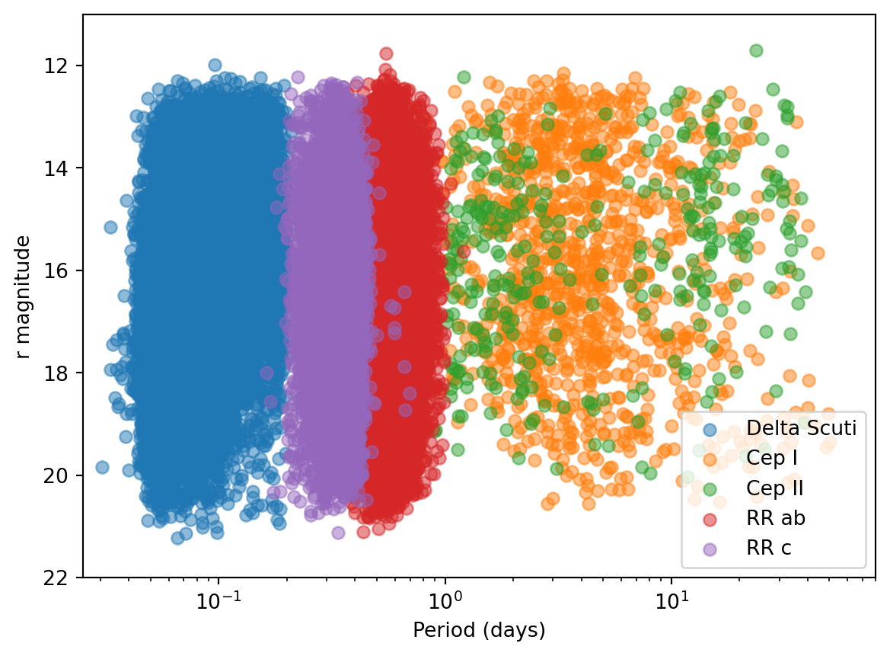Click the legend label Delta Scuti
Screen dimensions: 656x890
pos(802,427)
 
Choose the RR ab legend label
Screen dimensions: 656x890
pos(776,518)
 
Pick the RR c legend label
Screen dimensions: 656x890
pos(770,548)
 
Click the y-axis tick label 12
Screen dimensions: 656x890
pos(64,66)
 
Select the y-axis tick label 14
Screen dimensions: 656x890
pos(64,168)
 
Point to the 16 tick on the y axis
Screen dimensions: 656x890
pos(64,271)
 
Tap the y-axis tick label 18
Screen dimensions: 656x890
pos(64,373)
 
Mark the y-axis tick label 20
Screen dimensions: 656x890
pos(64,476)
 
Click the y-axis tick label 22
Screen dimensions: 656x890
pos(64,578)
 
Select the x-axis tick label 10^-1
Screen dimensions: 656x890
pos(219,600)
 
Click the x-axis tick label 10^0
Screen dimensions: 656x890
pos(445,600)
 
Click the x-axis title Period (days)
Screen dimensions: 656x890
pos(479,631)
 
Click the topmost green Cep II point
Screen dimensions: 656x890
pos(756,50)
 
